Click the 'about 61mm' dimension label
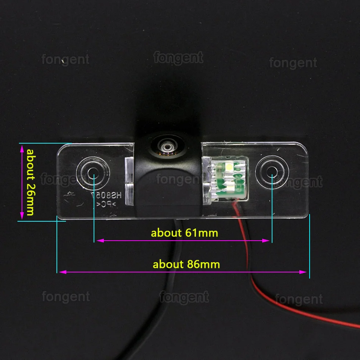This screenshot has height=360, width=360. point(185,232)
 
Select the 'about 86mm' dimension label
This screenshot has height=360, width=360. point(186,264)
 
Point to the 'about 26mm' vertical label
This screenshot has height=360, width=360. point(30,182)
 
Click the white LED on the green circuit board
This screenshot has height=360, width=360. point(229,166)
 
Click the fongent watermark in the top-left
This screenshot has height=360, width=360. point(66,59)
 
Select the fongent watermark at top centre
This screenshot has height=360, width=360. point(178,58)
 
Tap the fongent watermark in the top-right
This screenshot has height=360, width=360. point(293,63)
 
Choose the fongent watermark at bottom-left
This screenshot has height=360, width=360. point(66,296)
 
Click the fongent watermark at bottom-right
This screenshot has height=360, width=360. point(299,299)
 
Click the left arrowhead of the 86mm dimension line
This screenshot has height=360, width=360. point(61,272)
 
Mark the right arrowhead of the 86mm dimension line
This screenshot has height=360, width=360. point(304,272)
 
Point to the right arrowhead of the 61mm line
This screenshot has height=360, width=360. point(268,240)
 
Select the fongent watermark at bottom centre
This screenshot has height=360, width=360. point(184,297)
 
